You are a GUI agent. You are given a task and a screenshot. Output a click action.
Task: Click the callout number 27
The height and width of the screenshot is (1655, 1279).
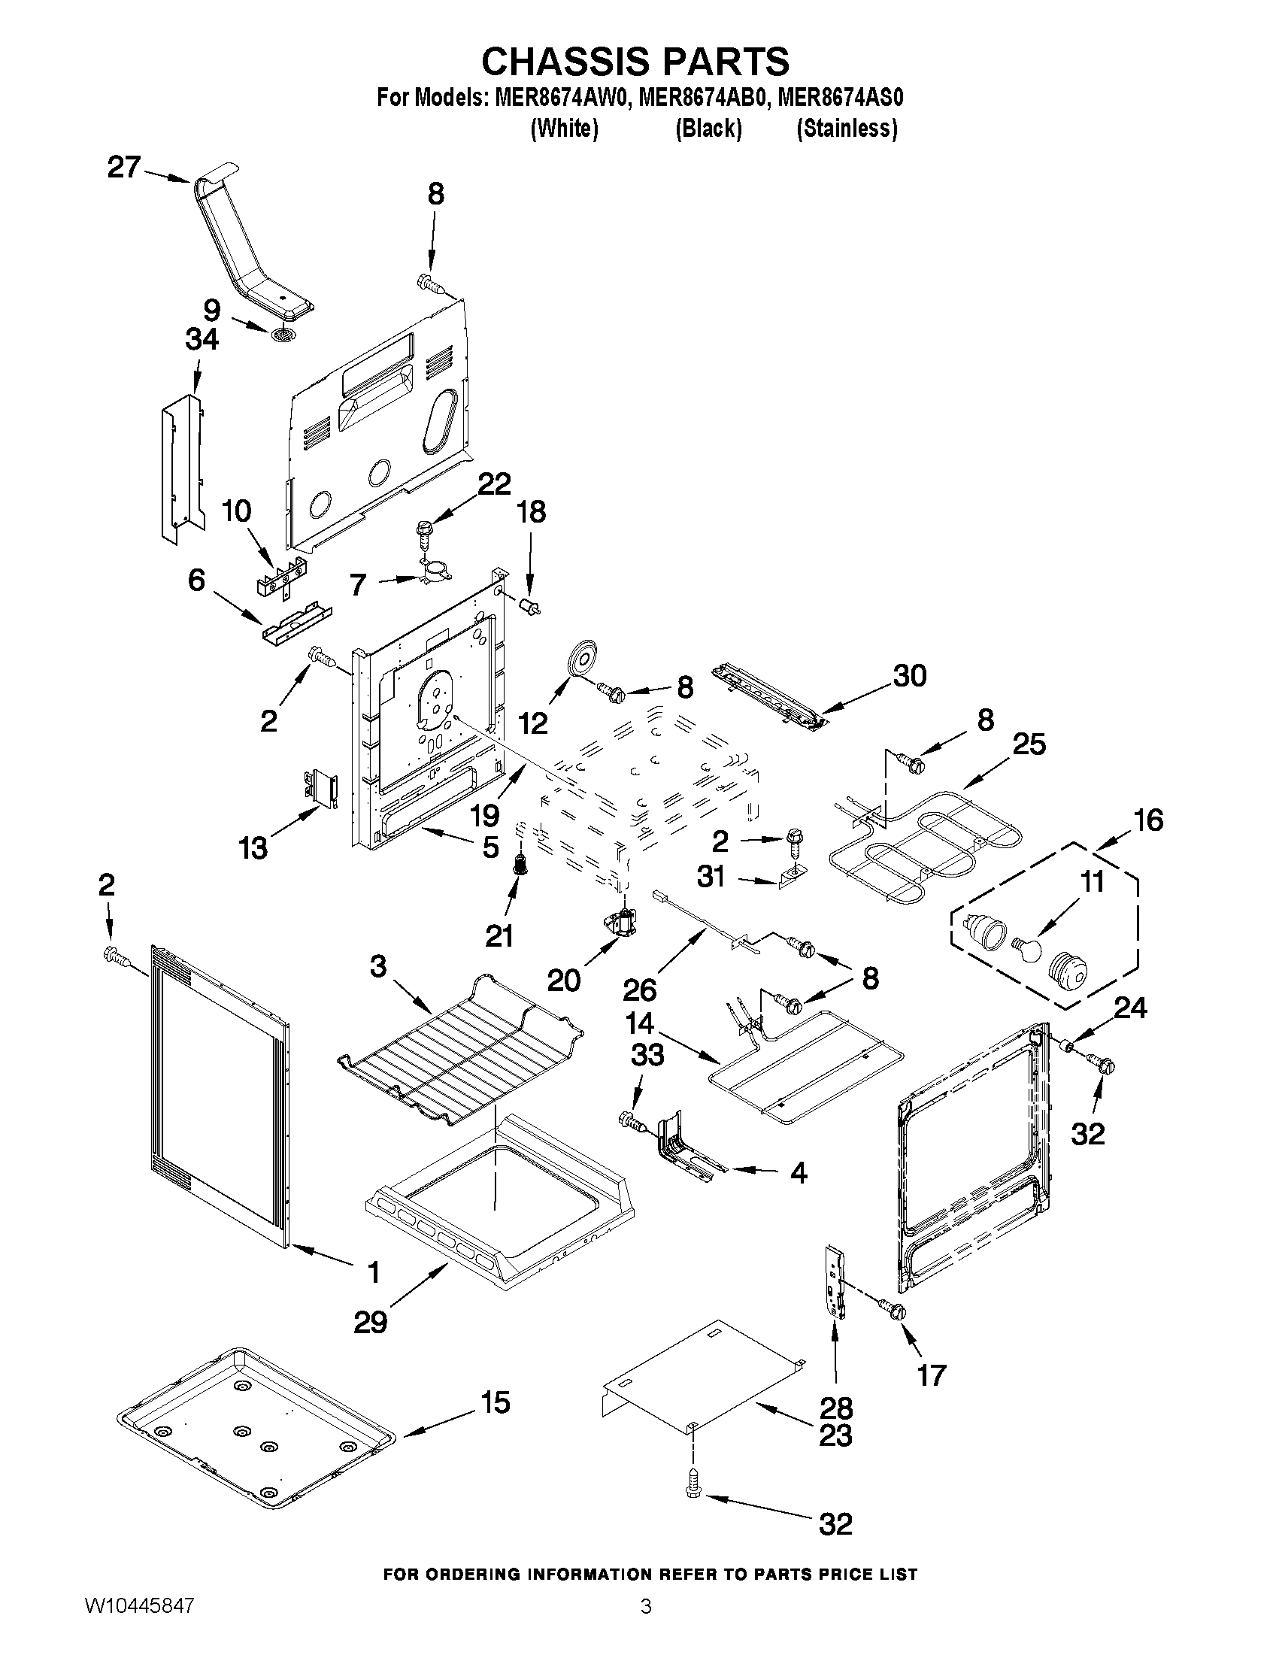click(123, 168)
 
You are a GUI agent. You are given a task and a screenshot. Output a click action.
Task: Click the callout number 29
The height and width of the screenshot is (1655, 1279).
click(370, 1323)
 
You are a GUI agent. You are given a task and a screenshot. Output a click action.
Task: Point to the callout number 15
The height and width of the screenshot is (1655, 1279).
click(495, 1402)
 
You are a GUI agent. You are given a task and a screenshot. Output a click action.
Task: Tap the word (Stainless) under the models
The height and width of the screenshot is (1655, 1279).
click(847, 129)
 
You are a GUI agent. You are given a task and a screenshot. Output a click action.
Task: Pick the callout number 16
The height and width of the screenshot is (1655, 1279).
click(1148, 819)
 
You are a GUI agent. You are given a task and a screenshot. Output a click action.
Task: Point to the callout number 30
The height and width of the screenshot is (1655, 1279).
click(909, 675)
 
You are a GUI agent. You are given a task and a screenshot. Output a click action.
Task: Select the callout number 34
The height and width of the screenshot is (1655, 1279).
click(202, 339)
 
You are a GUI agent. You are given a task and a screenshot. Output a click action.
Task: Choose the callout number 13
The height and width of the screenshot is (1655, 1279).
click(253, 848)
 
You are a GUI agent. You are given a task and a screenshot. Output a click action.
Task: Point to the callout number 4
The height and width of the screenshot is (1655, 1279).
click(798, 1173)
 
